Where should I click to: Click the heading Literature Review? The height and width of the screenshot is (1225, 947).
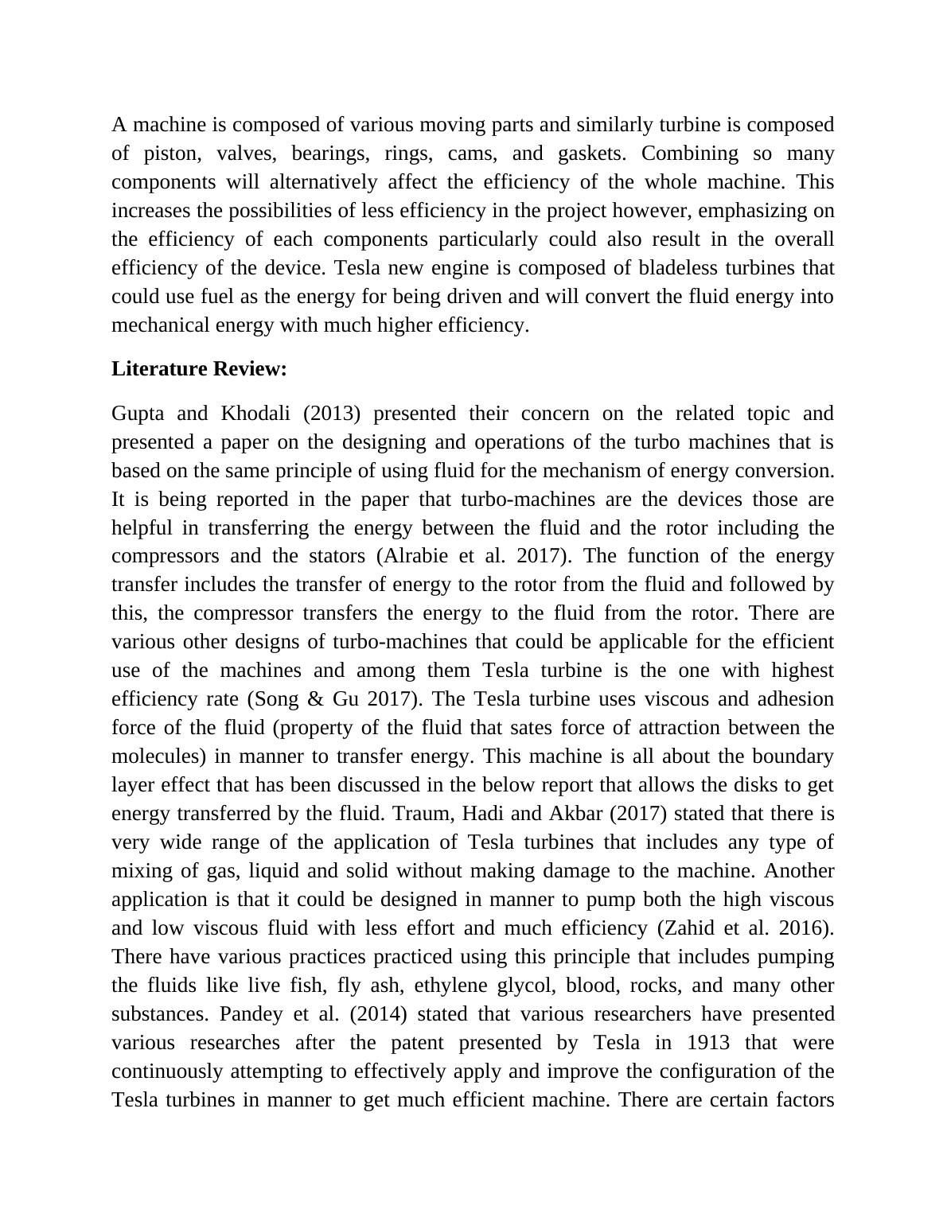coord(199,369)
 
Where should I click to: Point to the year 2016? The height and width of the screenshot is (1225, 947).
coord(809,928)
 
